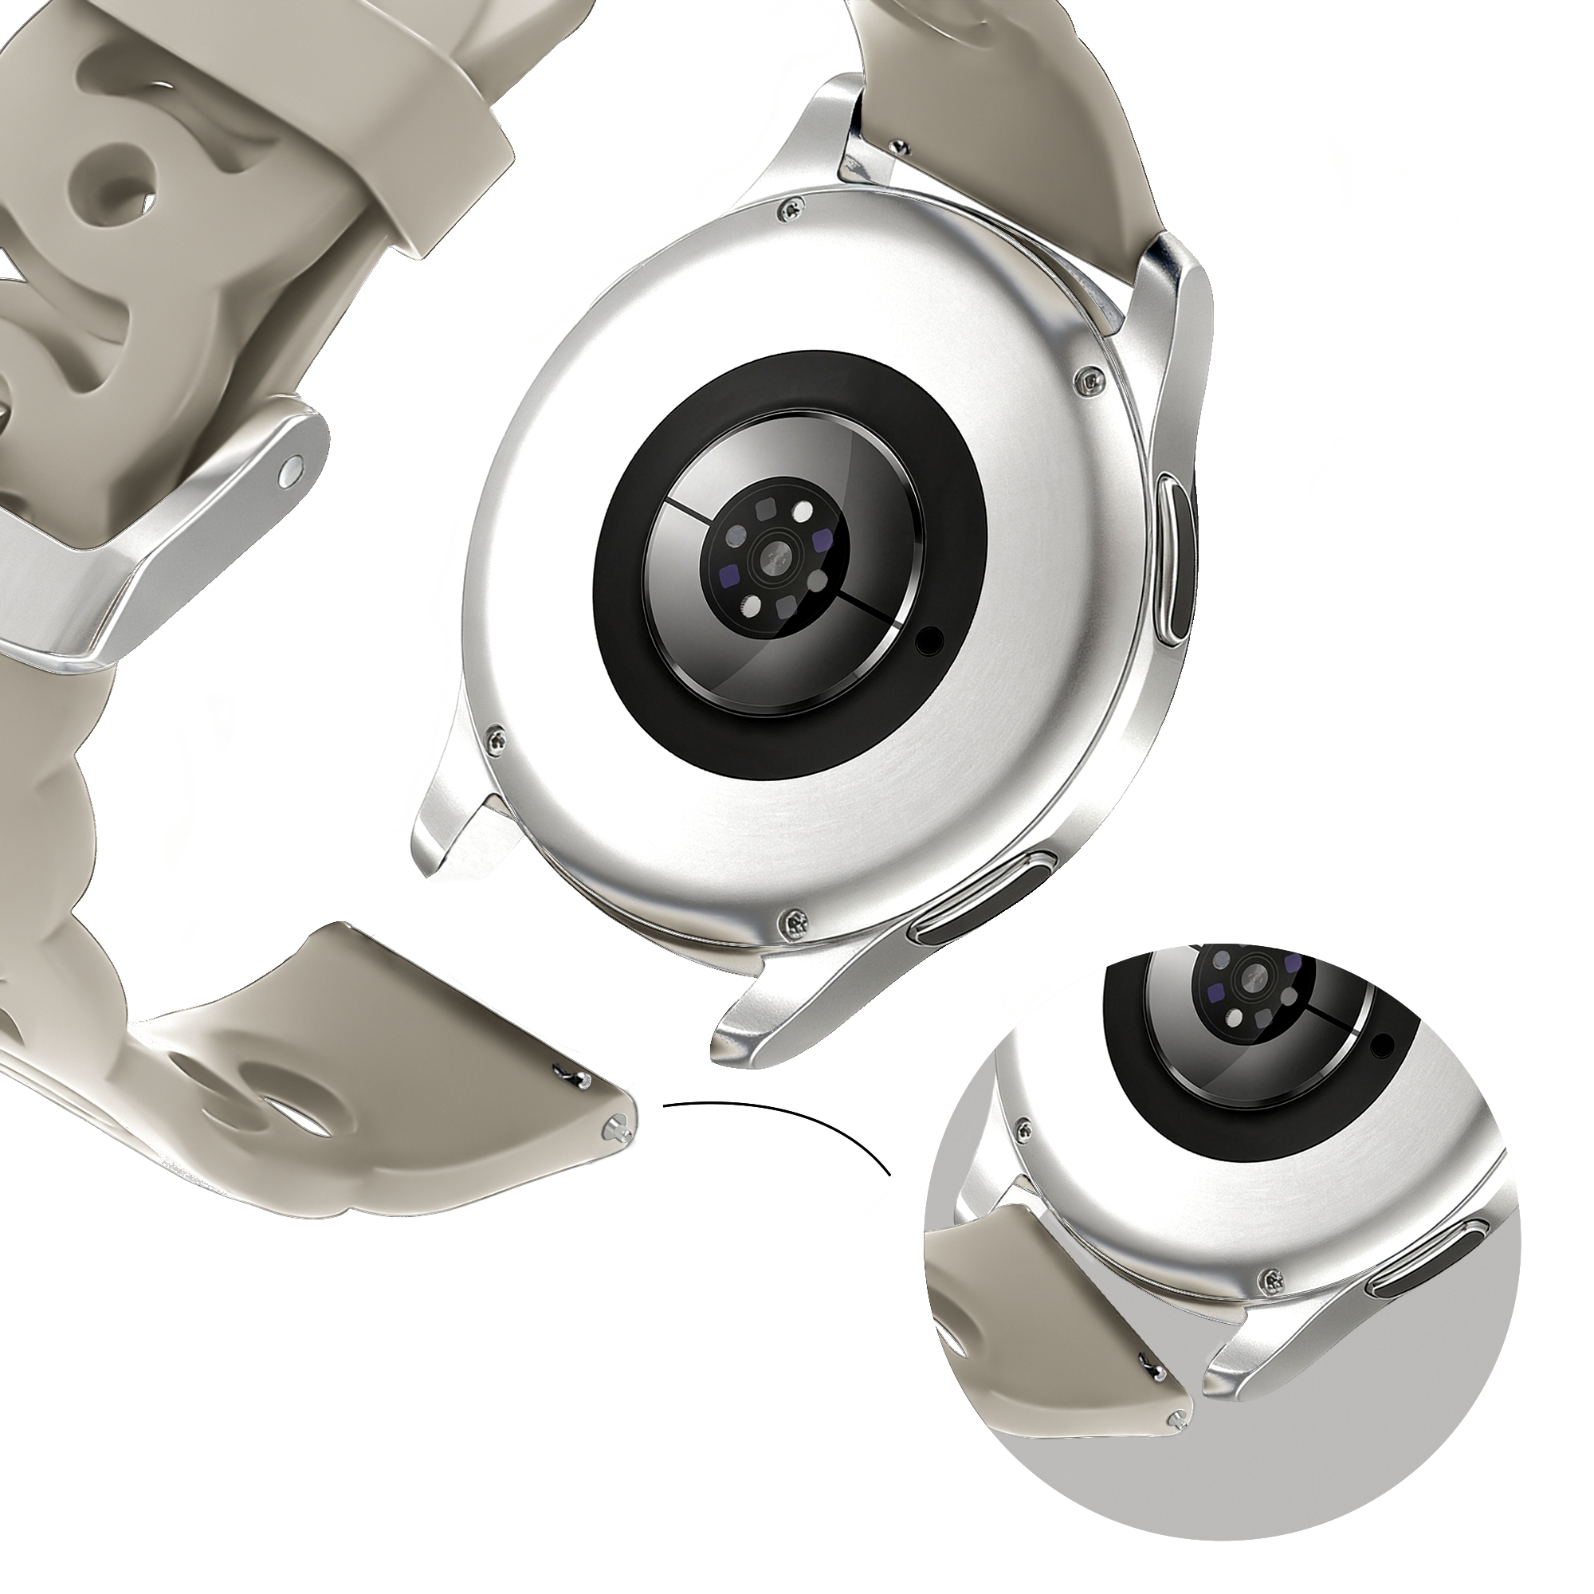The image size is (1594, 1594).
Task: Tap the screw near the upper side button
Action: pyautogui.click(x=1091, y=381)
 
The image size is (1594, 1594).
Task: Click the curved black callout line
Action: pyautogui.click(x=792, y=1122)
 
